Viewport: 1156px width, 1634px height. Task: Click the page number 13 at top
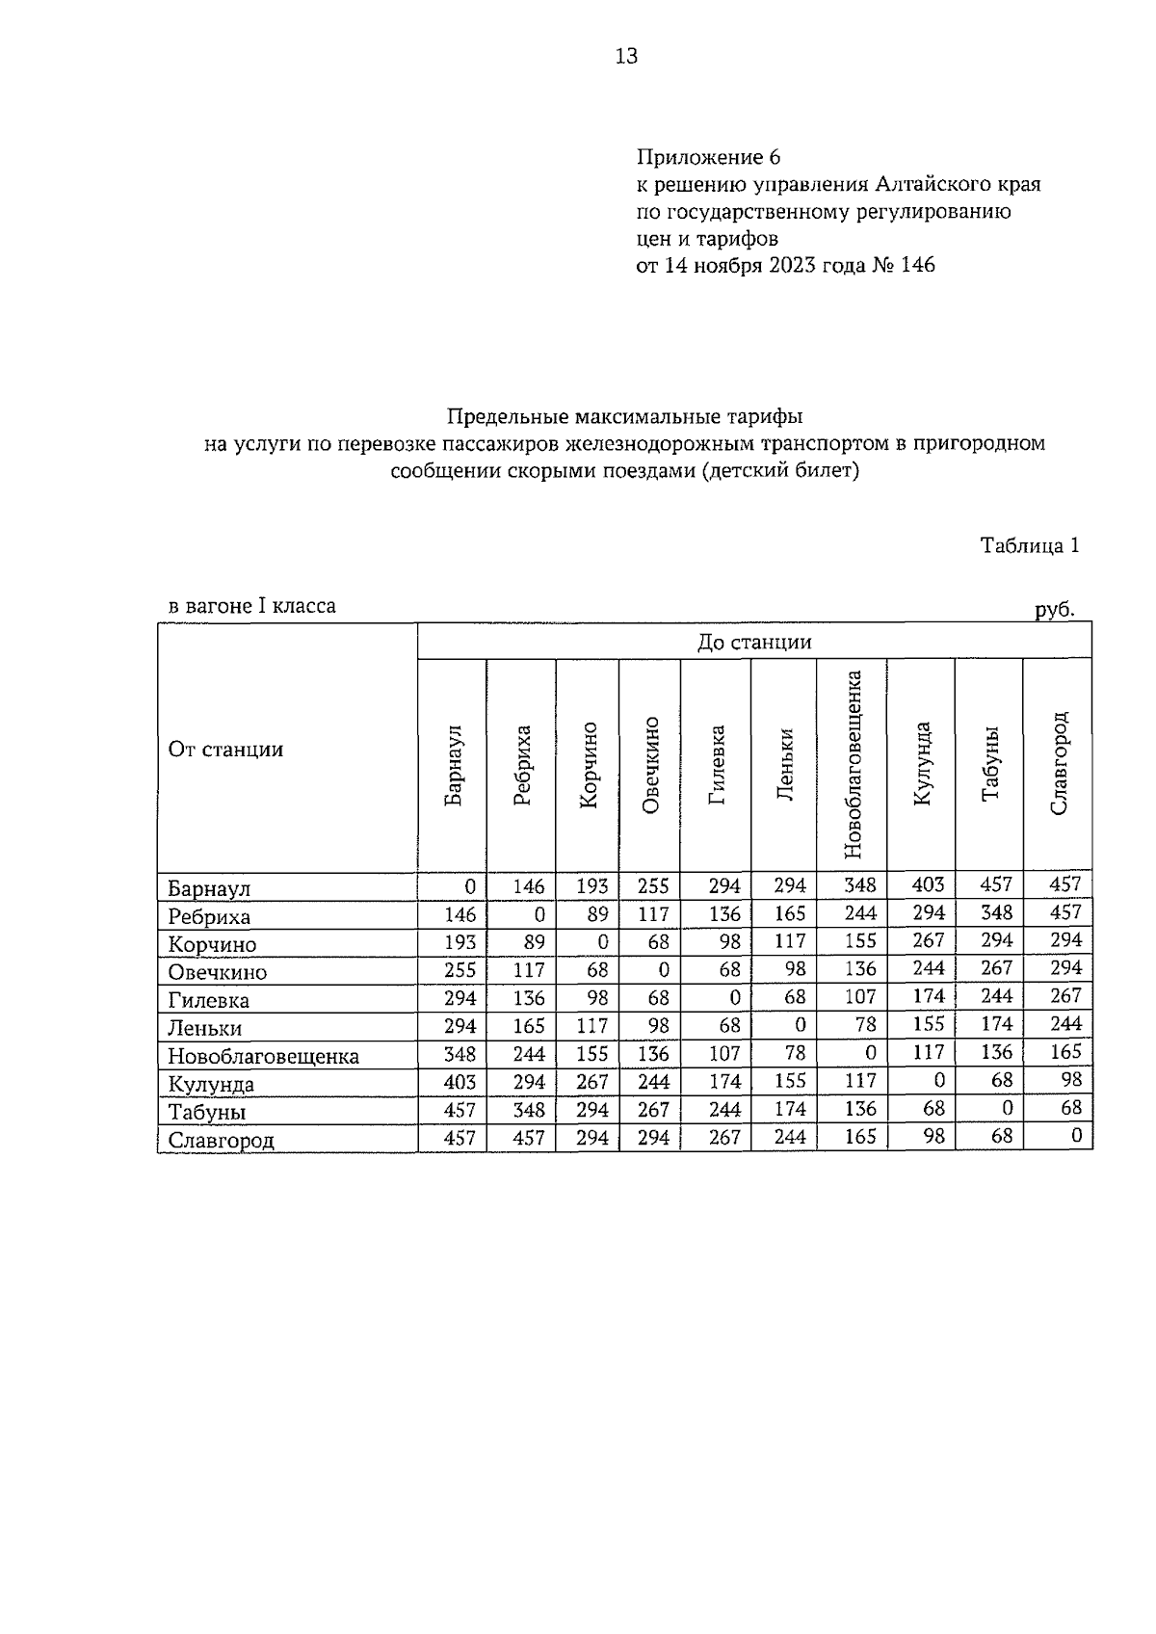pyautogui.click(x=626, y=57)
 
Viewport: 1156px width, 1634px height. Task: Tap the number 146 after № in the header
pyautogui.click(x=917, y=265)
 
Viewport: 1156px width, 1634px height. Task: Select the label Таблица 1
pyautogui.click(x=1029, y=545)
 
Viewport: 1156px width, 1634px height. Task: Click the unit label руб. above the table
pyautogui.click(x=1054, y=609)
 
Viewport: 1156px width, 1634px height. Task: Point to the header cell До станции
pyautogui.click(x=754, y=642)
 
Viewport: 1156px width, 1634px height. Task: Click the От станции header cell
pyautogui.click(x=226, y=750)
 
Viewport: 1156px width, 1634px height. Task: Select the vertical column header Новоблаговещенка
pyautogui.click(x=852, y=764)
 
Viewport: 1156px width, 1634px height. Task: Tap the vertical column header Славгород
pyautogui.click(x=1059, y=764)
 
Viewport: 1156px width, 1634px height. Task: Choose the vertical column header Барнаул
pyautogui.click(x=453, y=764)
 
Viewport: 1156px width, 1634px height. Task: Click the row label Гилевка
pyautogui.click(x=209, y=1000)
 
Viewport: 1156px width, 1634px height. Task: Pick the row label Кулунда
pyautogui.click(x=211, y=1084)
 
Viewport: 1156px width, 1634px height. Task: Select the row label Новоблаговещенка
pyautogui.click(x=263, y=1056)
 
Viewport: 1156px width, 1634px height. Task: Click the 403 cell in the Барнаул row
pyautogui.click(x=928, y=884)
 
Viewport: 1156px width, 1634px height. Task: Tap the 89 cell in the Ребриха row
pyautogui.click(x=591, y=912)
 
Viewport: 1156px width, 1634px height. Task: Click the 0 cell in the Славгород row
pyautogui.click(x=1076, y=1136)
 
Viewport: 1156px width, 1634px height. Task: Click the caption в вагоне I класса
pyautogui.click(x=252, y=606)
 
